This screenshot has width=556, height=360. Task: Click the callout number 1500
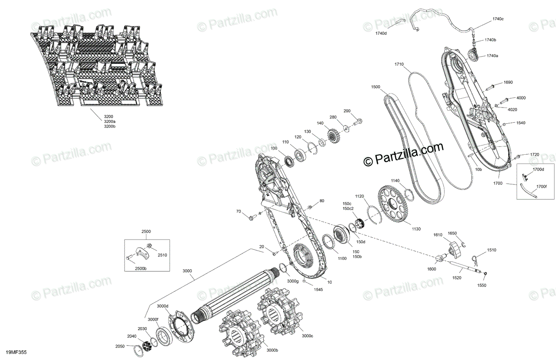[x=376, y=87]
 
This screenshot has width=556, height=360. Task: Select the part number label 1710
[x=399, y=64]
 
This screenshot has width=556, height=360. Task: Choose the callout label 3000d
[x=163, y=306]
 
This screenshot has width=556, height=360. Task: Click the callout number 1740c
[x=498, y=19]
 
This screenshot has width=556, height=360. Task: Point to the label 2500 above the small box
[x=146, y=231]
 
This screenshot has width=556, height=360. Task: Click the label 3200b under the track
[x=109, y=126]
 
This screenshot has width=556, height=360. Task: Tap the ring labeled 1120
[x=373, y=213]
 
